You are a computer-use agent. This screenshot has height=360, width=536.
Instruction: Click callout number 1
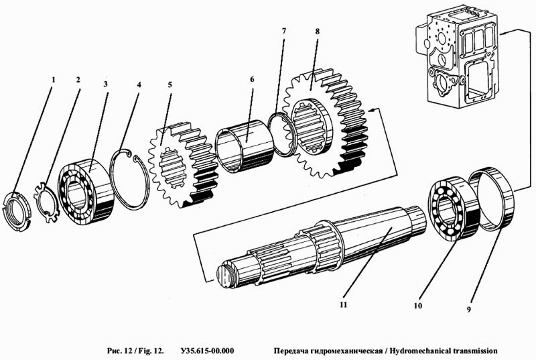pos(53,80)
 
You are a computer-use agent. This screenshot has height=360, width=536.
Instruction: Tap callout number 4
pos(139,84)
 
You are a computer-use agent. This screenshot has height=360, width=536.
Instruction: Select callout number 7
pos(284,31)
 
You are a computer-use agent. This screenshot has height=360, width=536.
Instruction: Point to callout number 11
pos(343,304)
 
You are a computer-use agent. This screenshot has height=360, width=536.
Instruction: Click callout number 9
pos(469,310)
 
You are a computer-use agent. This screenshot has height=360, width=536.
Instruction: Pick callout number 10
pos(417,305)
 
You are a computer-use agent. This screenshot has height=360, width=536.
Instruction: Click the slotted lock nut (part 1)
pos(16,213)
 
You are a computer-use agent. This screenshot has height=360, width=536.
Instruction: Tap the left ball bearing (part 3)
pos(86,192)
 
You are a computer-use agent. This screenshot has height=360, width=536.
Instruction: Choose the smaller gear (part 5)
pos(183,164)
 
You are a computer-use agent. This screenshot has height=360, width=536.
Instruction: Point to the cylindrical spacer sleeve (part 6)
pos(244,146)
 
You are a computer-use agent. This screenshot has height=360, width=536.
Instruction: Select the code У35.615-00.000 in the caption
pos(207,351)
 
